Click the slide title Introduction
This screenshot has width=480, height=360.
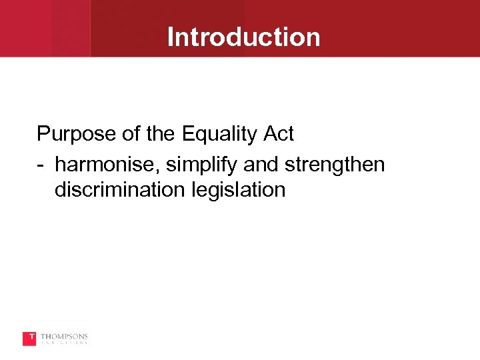point(243,37)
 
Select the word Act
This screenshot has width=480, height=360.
point(278,134)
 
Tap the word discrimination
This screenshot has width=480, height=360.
point(120,190)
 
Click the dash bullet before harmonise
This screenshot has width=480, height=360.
point(41,164)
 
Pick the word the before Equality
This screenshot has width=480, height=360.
point(161,134)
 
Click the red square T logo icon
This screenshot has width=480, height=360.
point(29,339)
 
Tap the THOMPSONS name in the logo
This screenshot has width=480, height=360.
point(64,336)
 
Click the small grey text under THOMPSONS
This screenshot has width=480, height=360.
point(64,343)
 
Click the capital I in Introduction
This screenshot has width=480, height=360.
point(171,37)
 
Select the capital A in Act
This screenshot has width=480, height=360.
point(269,134)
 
